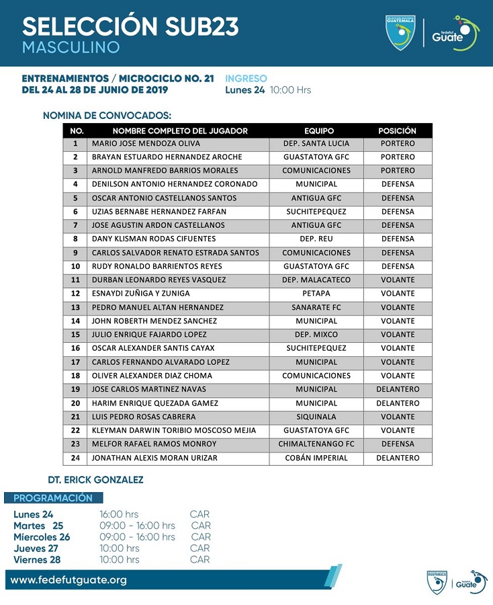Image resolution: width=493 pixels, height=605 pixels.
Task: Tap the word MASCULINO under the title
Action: [x=71, y=48]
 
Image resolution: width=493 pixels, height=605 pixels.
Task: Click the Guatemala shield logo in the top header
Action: [x=400, y=32]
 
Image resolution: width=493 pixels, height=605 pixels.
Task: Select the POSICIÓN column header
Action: [x=397, y=131]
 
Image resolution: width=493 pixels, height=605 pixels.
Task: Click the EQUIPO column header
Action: [x=318, y=131]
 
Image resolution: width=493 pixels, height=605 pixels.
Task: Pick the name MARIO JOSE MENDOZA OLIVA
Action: [x=146, y=143]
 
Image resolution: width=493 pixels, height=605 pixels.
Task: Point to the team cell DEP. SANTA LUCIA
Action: [x=316, y=143]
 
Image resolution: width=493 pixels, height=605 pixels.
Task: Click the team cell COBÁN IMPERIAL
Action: [x=316, y=458]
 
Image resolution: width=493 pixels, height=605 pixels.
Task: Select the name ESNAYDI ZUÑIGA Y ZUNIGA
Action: [x=140, y=294]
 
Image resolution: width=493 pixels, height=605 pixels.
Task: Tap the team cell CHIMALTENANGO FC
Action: [x=316, y=444]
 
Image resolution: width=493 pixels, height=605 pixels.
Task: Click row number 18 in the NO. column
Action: [x=76, y=376]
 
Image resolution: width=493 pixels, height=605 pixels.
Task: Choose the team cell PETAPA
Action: [x=316, y=294]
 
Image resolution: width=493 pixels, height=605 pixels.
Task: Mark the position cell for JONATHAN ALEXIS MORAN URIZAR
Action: [x=398, y=458]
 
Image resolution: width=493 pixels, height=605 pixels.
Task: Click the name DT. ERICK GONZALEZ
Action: [x=95, y=480]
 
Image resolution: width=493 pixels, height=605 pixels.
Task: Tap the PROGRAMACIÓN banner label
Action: [x=53, y=498]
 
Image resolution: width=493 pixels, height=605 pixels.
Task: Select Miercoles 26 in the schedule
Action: [x=42, y=537]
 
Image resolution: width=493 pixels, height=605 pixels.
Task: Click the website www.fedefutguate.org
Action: [x=69, y=579]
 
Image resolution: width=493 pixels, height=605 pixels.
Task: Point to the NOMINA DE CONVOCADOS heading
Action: [x=107, y=116]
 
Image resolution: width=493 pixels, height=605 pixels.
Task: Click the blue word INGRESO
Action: [x=246, y=79]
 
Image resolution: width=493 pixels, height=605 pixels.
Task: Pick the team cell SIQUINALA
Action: [x=316, y=417]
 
